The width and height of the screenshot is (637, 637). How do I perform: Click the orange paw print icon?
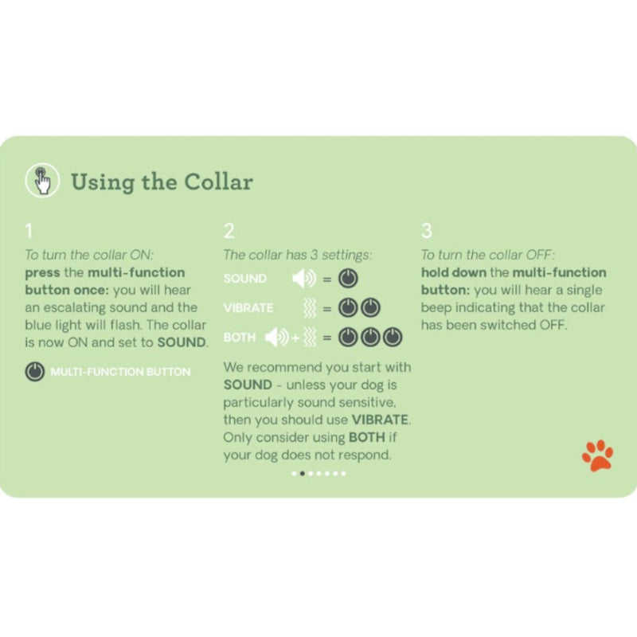[x=597, y=455]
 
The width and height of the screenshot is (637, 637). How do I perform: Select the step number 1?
[x=29, y=232]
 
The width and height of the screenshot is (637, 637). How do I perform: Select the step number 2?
[x=229, y=232]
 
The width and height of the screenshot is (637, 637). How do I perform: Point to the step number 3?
[x=427, y=232]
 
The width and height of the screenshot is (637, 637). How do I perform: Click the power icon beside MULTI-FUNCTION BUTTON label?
[x=35, y=371]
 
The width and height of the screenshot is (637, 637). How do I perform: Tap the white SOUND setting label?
[x=245, y=279]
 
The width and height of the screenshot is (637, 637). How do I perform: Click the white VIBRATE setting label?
[x=248, y=308]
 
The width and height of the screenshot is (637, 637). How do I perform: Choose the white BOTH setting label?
[x=240, y=338]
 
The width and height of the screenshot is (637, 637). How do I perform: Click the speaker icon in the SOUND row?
[x=303, y=279]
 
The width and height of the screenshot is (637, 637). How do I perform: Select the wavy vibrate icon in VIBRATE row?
[x=311, y=308]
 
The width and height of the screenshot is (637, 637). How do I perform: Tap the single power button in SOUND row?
[x=349, y=279]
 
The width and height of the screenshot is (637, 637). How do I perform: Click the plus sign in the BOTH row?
[x=295, y=338]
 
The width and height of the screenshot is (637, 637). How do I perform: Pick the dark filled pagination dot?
[x=302, y=473]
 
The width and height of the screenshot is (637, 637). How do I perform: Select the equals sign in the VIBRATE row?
[x=327, y=308]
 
